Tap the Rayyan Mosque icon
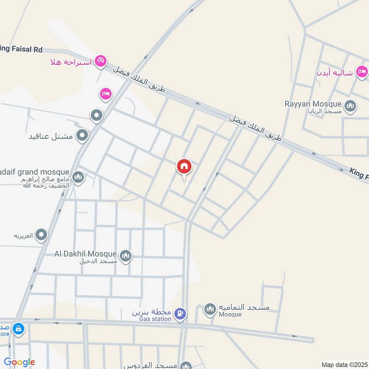[x=351, y=107]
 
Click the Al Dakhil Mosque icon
[x=125, y=256]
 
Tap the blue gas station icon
[x=181, y=314]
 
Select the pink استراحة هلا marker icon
[x=101, y=60]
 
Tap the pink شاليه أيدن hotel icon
[x=362, y=71]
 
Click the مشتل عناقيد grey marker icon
[x=83, y=136]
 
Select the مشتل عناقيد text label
[x=51, y=136]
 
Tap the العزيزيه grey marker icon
[x=42, y=235]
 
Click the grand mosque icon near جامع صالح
[x=78, y=177]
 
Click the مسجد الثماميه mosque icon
[x=210, y=309]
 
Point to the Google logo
[x=19, y=362]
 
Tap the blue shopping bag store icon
[x=18, y=329]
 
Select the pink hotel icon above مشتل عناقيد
[x=106, y=94]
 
